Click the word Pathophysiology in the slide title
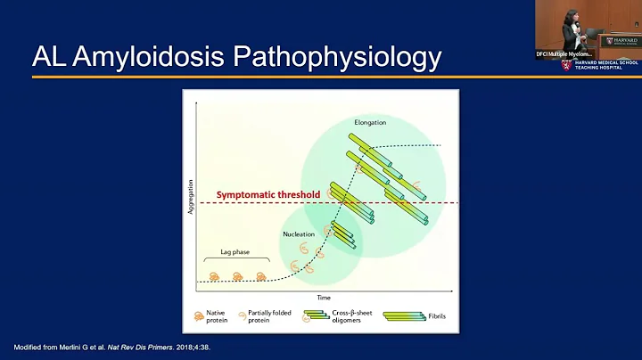click(x=335, y=57)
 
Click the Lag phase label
click(x=223, y=252)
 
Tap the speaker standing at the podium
click(x=572, y=27)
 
